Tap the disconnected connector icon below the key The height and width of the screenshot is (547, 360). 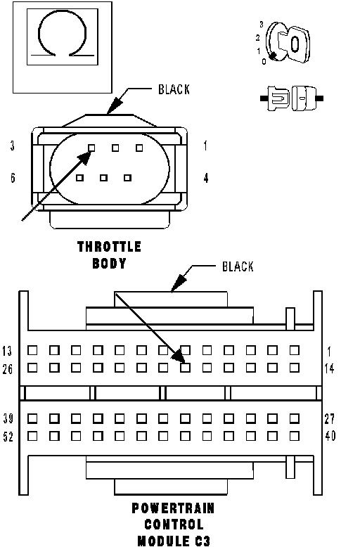tap(292, 98)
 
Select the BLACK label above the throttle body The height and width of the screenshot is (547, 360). tap(174, 90)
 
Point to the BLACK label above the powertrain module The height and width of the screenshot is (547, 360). tap(238, 267)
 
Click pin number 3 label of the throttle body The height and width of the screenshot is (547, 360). tap(13, 146)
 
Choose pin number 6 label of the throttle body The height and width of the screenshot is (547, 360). tap(13, 178)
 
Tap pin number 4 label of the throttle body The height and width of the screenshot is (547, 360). tap(206, 178)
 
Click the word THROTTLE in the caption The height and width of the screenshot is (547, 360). tap(109, 247)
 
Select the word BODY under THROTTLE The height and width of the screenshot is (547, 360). tap(109, 263)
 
